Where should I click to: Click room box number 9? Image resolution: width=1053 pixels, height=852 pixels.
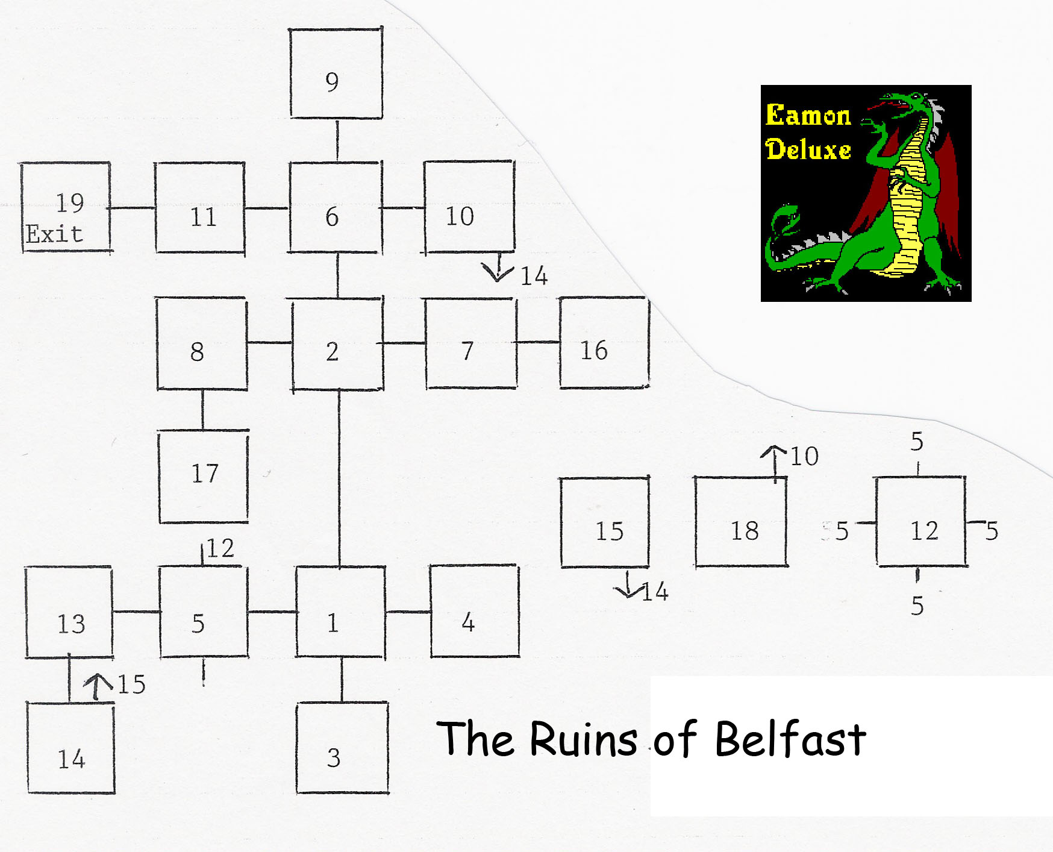(x=336, y=73)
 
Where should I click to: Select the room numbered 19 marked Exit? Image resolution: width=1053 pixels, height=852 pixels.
(x=66, y=207)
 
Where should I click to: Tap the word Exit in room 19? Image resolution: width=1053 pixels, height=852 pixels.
(x=54, y=234)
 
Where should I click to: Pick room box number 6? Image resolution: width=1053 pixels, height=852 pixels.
(x=335, y=207)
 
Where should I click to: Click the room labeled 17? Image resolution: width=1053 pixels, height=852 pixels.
(x=204, y=477)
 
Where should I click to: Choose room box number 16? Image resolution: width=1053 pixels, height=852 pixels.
(x=604, y=343)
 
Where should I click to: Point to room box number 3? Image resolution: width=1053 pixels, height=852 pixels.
(x=342, y=748)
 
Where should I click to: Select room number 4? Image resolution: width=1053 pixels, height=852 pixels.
(x=475, y=611)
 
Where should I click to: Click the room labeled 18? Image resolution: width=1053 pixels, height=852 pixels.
(x=741, y=522)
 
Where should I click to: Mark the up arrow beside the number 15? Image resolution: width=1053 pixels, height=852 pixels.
(x=98, y=688)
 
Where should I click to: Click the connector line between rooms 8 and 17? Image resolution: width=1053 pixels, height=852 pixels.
(x=202, y=410)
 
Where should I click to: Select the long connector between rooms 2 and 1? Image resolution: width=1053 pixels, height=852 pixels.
(x=339, y=478)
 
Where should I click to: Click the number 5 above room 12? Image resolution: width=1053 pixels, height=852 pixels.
(x=917, y=442)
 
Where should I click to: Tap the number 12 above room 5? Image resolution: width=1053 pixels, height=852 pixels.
(x=220, y=548)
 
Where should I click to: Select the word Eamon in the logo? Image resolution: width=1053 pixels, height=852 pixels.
(x=808, y=115)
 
